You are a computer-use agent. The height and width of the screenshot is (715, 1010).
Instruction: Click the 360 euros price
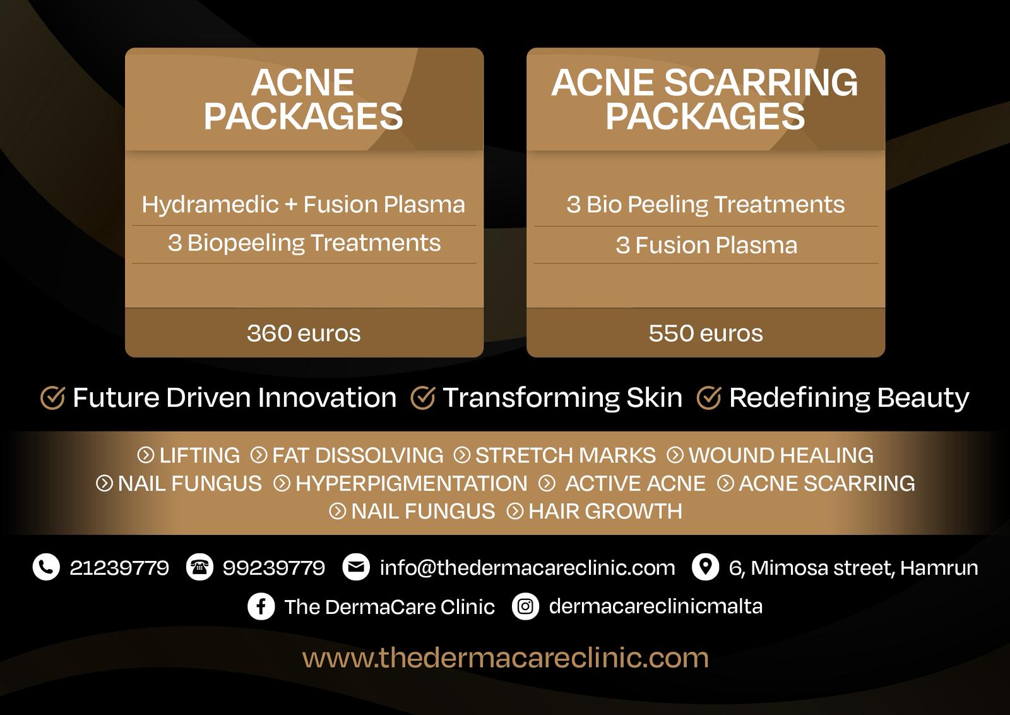tap(304, 333)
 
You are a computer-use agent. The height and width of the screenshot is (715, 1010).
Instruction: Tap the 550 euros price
tap(706, 333)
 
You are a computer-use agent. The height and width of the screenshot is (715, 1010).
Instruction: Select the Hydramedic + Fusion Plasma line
tap(304, 205)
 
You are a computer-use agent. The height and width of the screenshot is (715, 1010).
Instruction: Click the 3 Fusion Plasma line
tap(706, 246)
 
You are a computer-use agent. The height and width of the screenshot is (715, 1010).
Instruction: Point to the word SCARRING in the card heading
tap(761, 83)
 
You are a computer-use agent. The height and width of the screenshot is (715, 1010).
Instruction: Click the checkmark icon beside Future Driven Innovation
tap(53, 397)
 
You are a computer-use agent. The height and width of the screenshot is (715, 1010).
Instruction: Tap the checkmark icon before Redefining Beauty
tap(709, 397)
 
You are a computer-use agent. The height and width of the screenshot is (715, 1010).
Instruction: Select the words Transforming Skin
tap(562, 397)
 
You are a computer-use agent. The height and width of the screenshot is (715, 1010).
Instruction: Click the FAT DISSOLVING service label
tap(357, 455)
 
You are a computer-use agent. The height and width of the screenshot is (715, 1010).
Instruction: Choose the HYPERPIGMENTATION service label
tap(411, 484)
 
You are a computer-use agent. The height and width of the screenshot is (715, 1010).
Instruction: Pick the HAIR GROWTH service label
tap(605, 512)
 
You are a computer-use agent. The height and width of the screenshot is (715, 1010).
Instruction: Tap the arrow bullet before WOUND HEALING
tap(675, 455)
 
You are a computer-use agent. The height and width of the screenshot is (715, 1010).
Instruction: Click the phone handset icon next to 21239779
tap(46, 567)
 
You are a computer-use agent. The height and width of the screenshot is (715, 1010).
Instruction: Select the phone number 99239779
tap(274, 567)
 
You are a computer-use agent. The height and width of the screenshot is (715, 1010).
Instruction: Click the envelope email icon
tap(356, 567)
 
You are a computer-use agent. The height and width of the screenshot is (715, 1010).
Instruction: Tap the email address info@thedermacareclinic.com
tap(528, 567)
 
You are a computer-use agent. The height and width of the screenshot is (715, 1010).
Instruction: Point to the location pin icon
tap(705, 567)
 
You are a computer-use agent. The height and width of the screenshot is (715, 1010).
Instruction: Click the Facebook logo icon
tap(261, 606)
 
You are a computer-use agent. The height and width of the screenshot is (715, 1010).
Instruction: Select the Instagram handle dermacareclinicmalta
tap(656, 606)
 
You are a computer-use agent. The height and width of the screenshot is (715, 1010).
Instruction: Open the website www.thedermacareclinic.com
tap(505, 658)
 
